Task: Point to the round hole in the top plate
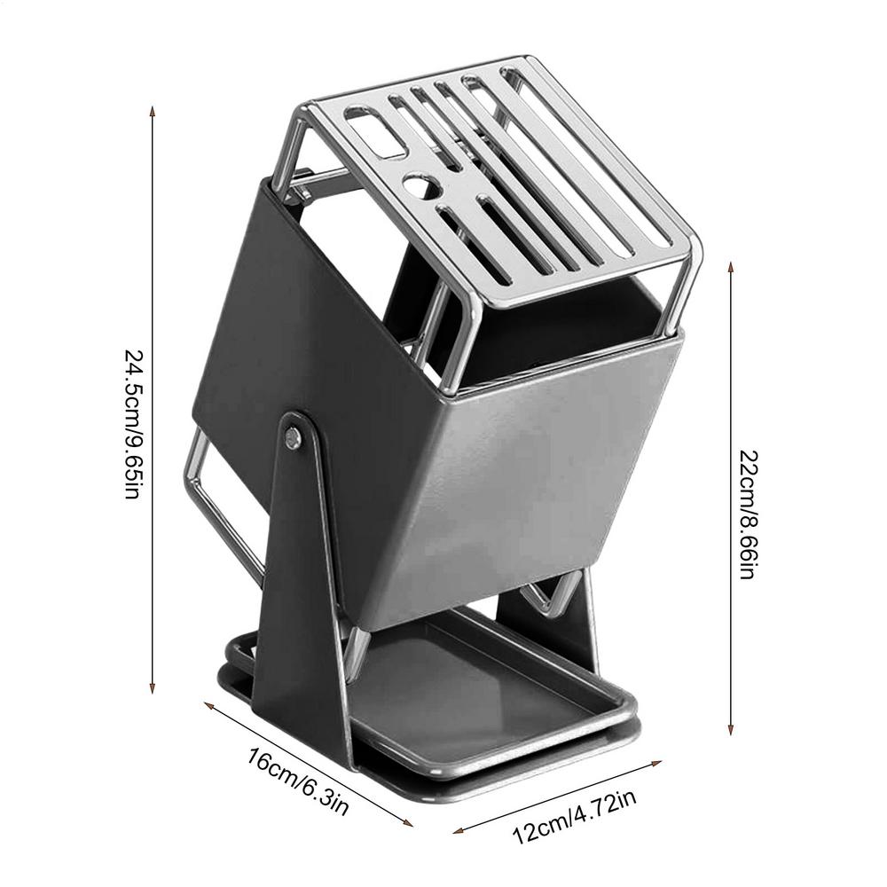click(415, 186)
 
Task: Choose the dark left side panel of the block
click(266, 337)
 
